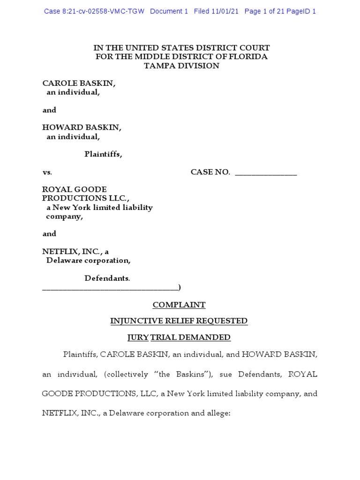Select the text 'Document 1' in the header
click(x=169, y=11)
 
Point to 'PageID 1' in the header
click(x=301, y=11)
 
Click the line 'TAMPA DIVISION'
click(x=181, y=66)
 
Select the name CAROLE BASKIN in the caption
click(x=79, y=83)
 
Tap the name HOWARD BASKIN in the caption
click(x=82, y=127)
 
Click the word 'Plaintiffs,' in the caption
click(x=103, y=154)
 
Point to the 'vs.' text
click(x=47, y=172)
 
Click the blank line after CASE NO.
click(x=266, y=173)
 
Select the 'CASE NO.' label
click(x=210, y=172)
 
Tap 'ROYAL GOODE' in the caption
click(x=75, y=189)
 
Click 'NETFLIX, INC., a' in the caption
click(x=75, y=251)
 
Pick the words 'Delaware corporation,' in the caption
click(x=88, y=260)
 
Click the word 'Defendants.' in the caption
click(x=107, y=278)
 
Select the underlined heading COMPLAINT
click(x=179, y=305)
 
